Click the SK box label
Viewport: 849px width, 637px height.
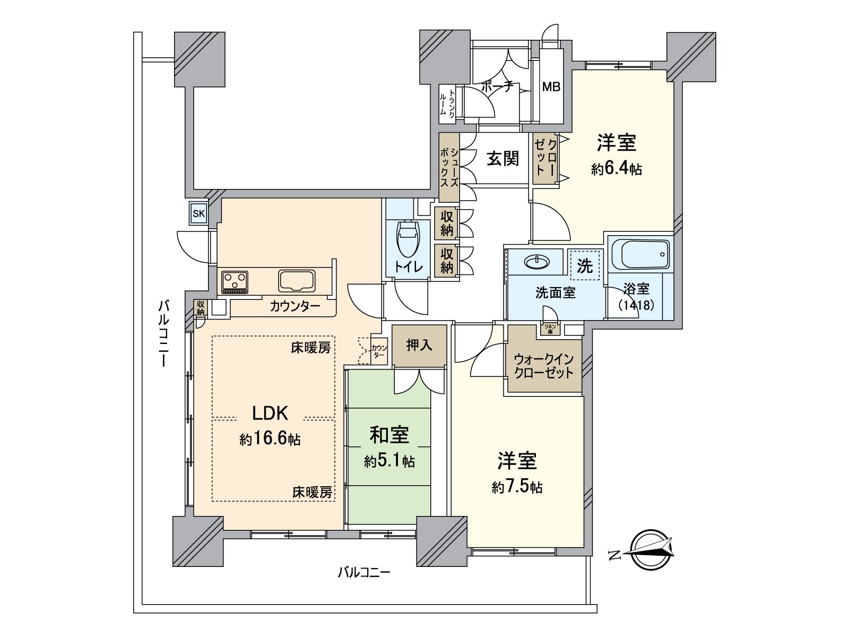pos(199,214)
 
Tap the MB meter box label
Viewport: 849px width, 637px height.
pos(551,87)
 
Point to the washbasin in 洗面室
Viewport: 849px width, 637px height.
pos(536,262)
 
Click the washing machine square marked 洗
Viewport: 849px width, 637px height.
pos(584,265)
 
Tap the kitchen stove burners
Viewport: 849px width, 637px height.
pos(235,281)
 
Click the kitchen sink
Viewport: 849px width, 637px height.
pos(297,280)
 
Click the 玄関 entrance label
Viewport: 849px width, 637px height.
pos(503,158)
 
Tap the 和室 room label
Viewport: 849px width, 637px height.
pos(389,435)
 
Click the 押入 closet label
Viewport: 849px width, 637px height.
pos(419,346)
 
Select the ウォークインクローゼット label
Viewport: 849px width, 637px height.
pos(543,366)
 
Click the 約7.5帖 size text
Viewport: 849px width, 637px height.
pos(517,487)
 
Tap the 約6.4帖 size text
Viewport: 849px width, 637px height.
pos(616,169)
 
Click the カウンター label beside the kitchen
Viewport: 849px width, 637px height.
pos(295,306)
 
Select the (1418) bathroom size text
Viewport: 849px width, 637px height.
pos(636,305)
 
